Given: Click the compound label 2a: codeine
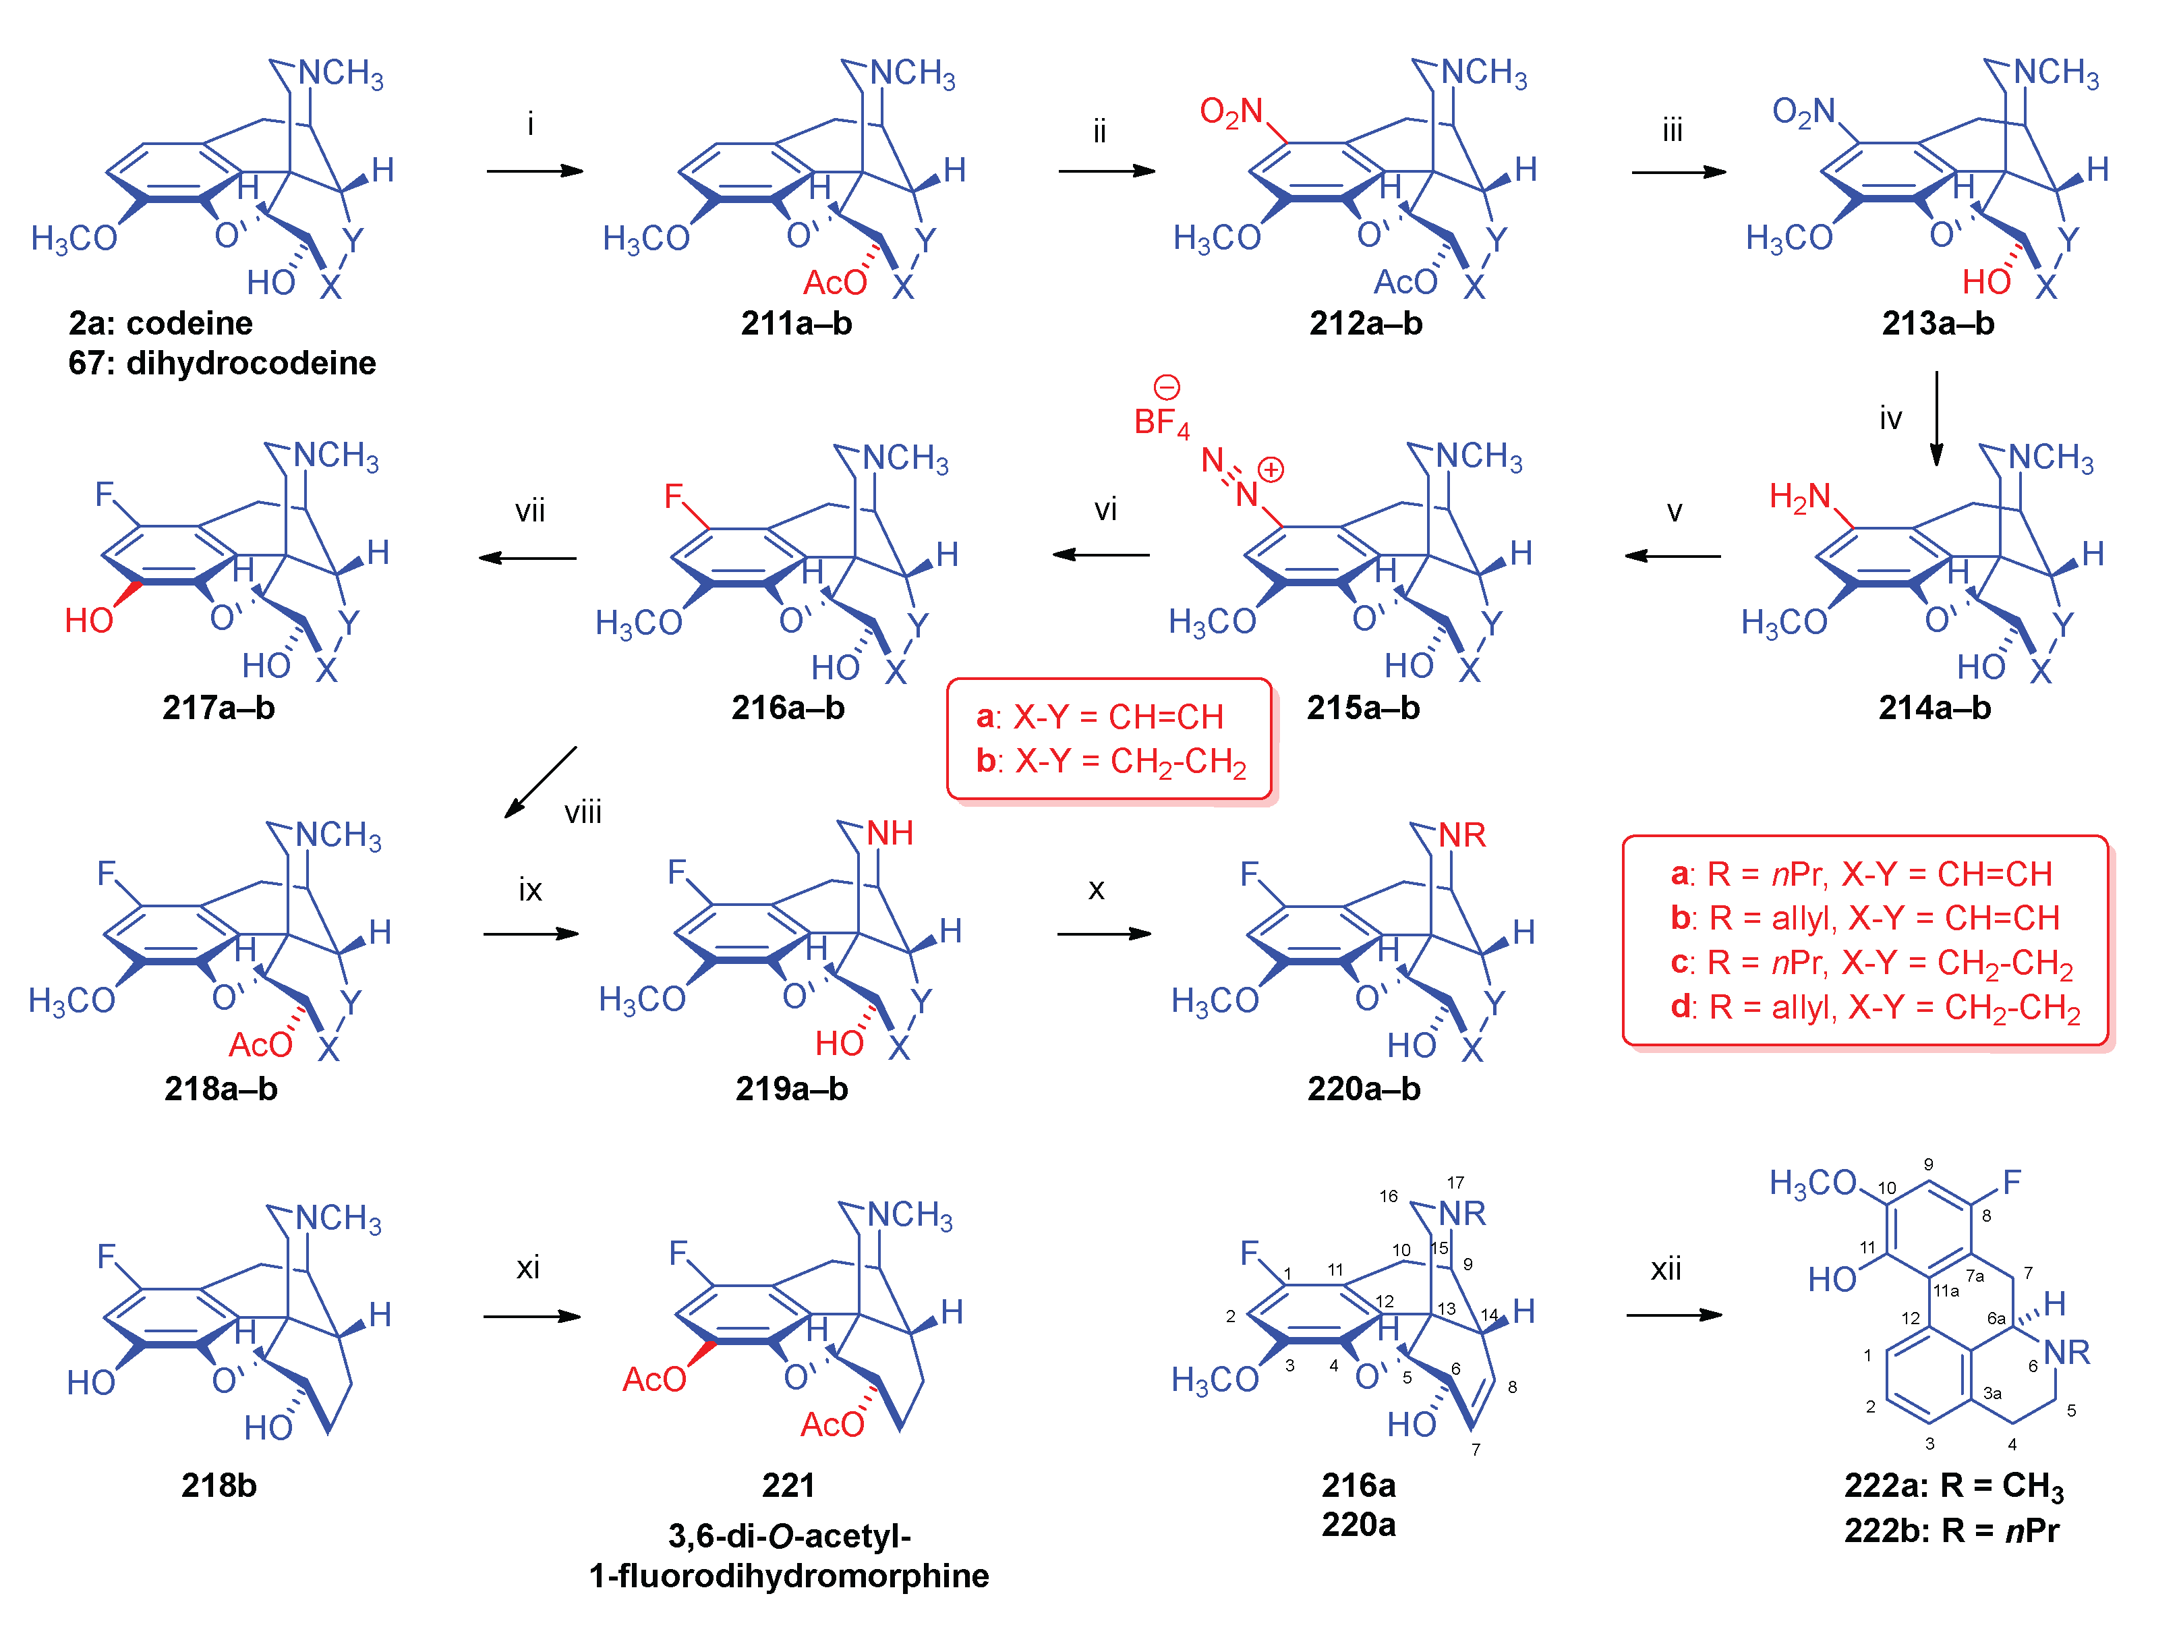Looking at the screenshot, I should point(161,323).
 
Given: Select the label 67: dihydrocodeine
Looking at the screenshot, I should point(222,364).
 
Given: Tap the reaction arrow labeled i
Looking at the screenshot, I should point(534,171).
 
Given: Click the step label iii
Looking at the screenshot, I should point(1672,130).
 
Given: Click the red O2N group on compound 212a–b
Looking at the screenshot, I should point(1230,111).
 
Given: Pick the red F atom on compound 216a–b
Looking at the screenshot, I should point(674,496).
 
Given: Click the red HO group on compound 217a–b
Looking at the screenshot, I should point(88,621).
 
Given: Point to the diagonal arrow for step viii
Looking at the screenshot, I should point(539,782).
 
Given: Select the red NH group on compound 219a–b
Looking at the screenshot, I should point(890,833).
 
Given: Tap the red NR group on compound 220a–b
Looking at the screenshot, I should point(1462,835).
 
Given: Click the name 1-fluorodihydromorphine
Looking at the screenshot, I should point(788,1575).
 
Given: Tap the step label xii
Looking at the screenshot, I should point(1666,1269).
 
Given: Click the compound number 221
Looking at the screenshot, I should point(788,1485).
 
